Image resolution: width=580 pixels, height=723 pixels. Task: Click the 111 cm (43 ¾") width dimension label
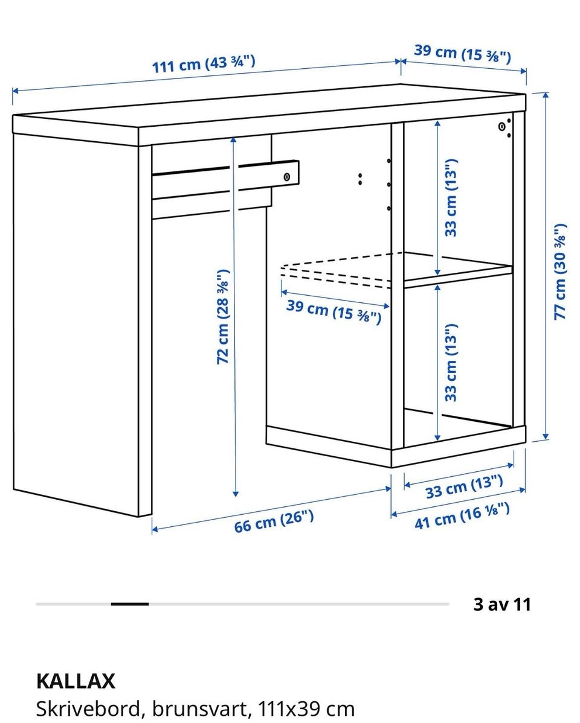204,64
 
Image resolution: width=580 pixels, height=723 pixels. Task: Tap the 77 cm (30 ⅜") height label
559,272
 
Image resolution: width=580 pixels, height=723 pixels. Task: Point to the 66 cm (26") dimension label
274,521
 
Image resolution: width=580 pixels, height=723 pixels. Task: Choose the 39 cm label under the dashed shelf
334,311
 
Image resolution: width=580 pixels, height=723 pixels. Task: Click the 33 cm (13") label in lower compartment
451,362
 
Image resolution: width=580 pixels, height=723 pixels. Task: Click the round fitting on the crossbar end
287,177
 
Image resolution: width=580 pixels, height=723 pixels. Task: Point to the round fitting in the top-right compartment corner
502,126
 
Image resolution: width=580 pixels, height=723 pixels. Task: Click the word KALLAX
76,681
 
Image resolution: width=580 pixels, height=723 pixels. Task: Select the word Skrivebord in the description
88,709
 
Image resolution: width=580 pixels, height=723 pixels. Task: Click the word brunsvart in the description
201,709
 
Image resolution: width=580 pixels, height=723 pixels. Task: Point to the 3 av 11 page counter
502,604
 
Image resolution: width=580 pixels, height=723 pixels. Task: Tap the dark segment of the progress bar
130,604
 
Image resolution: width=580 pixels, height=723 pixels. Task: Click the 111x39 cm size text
306,709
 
